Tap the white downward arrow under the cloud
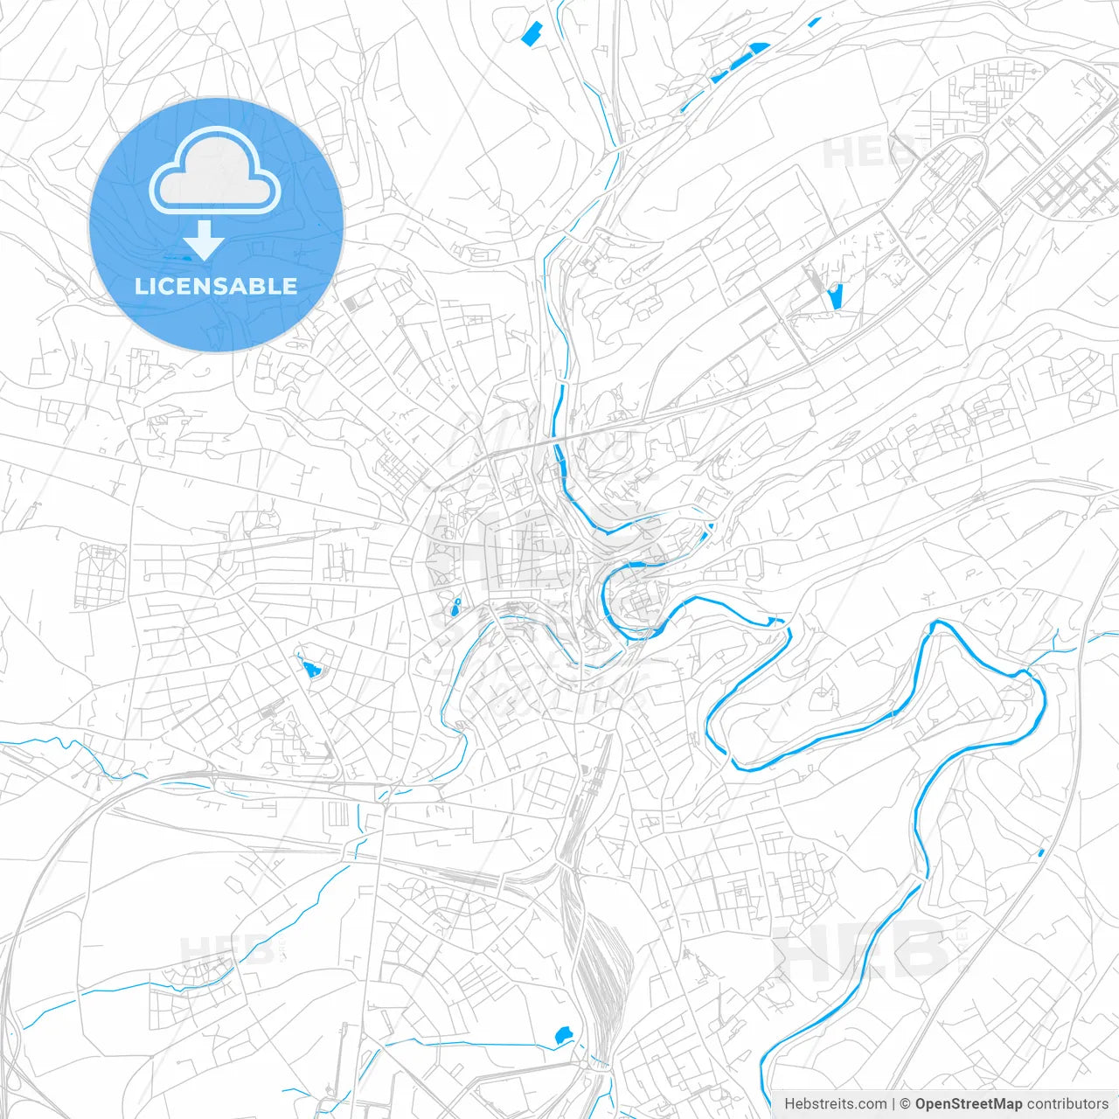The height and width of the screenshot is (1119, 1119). point(204,240)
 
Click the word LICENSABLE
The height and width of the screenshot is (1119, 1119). point(216,286)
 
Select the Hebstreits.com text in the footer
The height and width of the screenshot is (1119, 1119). point(835,1103)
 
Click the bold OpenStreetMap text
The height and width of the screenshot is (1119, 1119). point(968,1103)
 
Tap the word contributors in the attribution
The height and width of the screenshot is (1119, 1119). point(1067,1103)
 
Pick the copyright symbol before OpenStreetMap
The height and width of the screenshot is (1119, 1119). point(905,1103)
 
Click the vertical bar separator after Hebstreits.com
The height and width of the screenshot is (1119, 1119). point(893,1103)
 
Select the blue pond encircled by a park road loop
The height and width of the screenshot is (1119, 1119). point(309,669)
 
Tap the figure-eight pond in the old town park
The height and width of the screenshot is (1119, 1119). point(455,607)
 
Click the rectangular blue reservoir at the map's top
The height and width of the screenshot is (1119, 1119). point(531,34)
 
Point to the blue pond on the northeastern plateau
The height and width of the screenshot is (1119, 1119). point(834,296)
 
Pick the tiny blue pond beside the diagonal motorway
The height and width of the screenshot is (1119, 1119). point(1040,851)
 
